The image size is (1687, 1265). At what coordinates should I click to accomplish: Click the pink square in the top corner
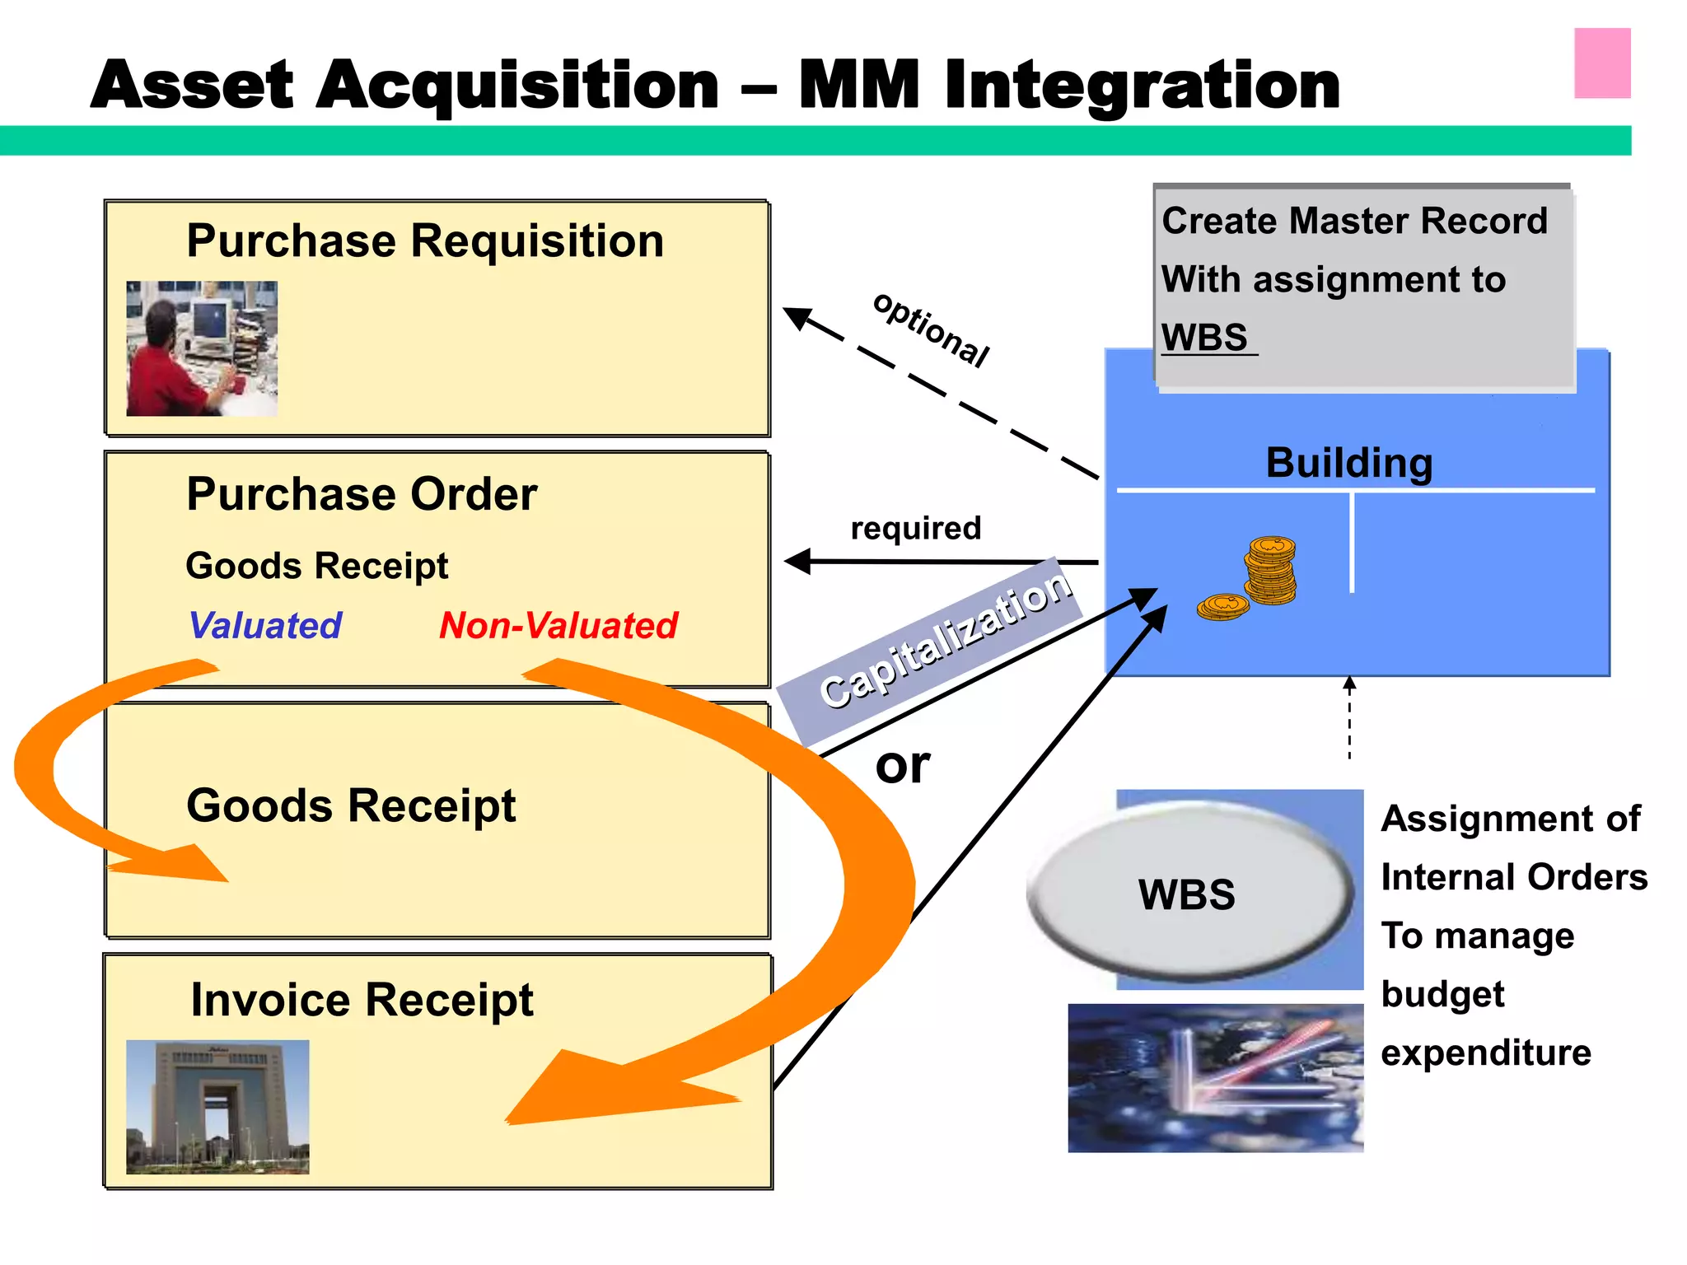coord(1601,63)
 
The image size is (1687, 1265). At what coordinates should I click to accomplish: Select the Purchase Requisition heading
coord(424,241)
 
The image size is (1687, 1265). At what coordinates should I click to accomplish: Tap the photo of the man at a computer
coord(202,348)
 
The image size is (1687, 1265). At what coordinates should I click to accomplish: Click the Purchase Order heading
coord(362,494)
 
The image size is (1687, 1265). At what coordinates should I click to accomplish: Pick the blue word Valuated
coord(265,625)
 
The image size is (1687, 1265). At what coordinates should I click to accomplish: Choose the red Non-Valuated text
coord(558,625)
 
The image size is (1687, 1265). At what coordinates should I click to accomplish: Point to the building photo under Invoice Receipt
coord(217,1106)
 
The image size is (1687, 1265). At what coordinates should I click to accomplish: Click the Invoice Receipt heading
coord(362,1000)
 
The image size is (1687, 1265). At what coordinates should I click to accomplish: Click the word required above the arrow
coord(915,528)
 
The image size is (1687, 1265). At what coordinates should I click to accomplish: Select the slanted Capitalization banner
coord(939,642)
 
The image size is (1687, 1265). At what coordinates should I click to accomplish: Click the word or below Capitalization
coord(902,765)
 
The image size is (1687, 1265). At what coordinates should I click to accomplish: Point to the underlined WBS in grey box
coord(1206,338)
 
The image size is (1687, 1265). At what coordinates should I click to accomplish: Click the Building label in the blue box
coord(1348,463)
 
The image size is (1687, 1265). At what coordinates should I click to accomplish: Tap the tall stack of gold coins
coord(1270,570)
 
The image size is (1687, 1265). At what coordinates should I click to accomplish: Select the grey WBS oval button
coord(1187,894)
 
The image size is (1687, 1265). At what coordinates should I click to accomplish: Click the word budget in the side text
coord(1442,994)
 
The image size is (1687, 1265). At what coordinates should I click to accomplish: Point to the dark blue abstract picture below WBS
coord(1215,1077)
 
